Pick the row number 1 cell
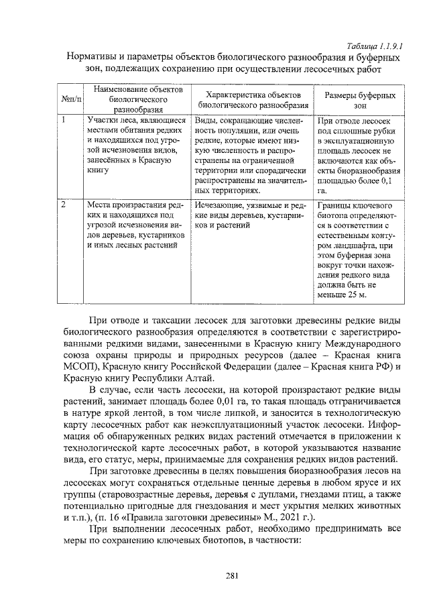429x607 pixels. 64,121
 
